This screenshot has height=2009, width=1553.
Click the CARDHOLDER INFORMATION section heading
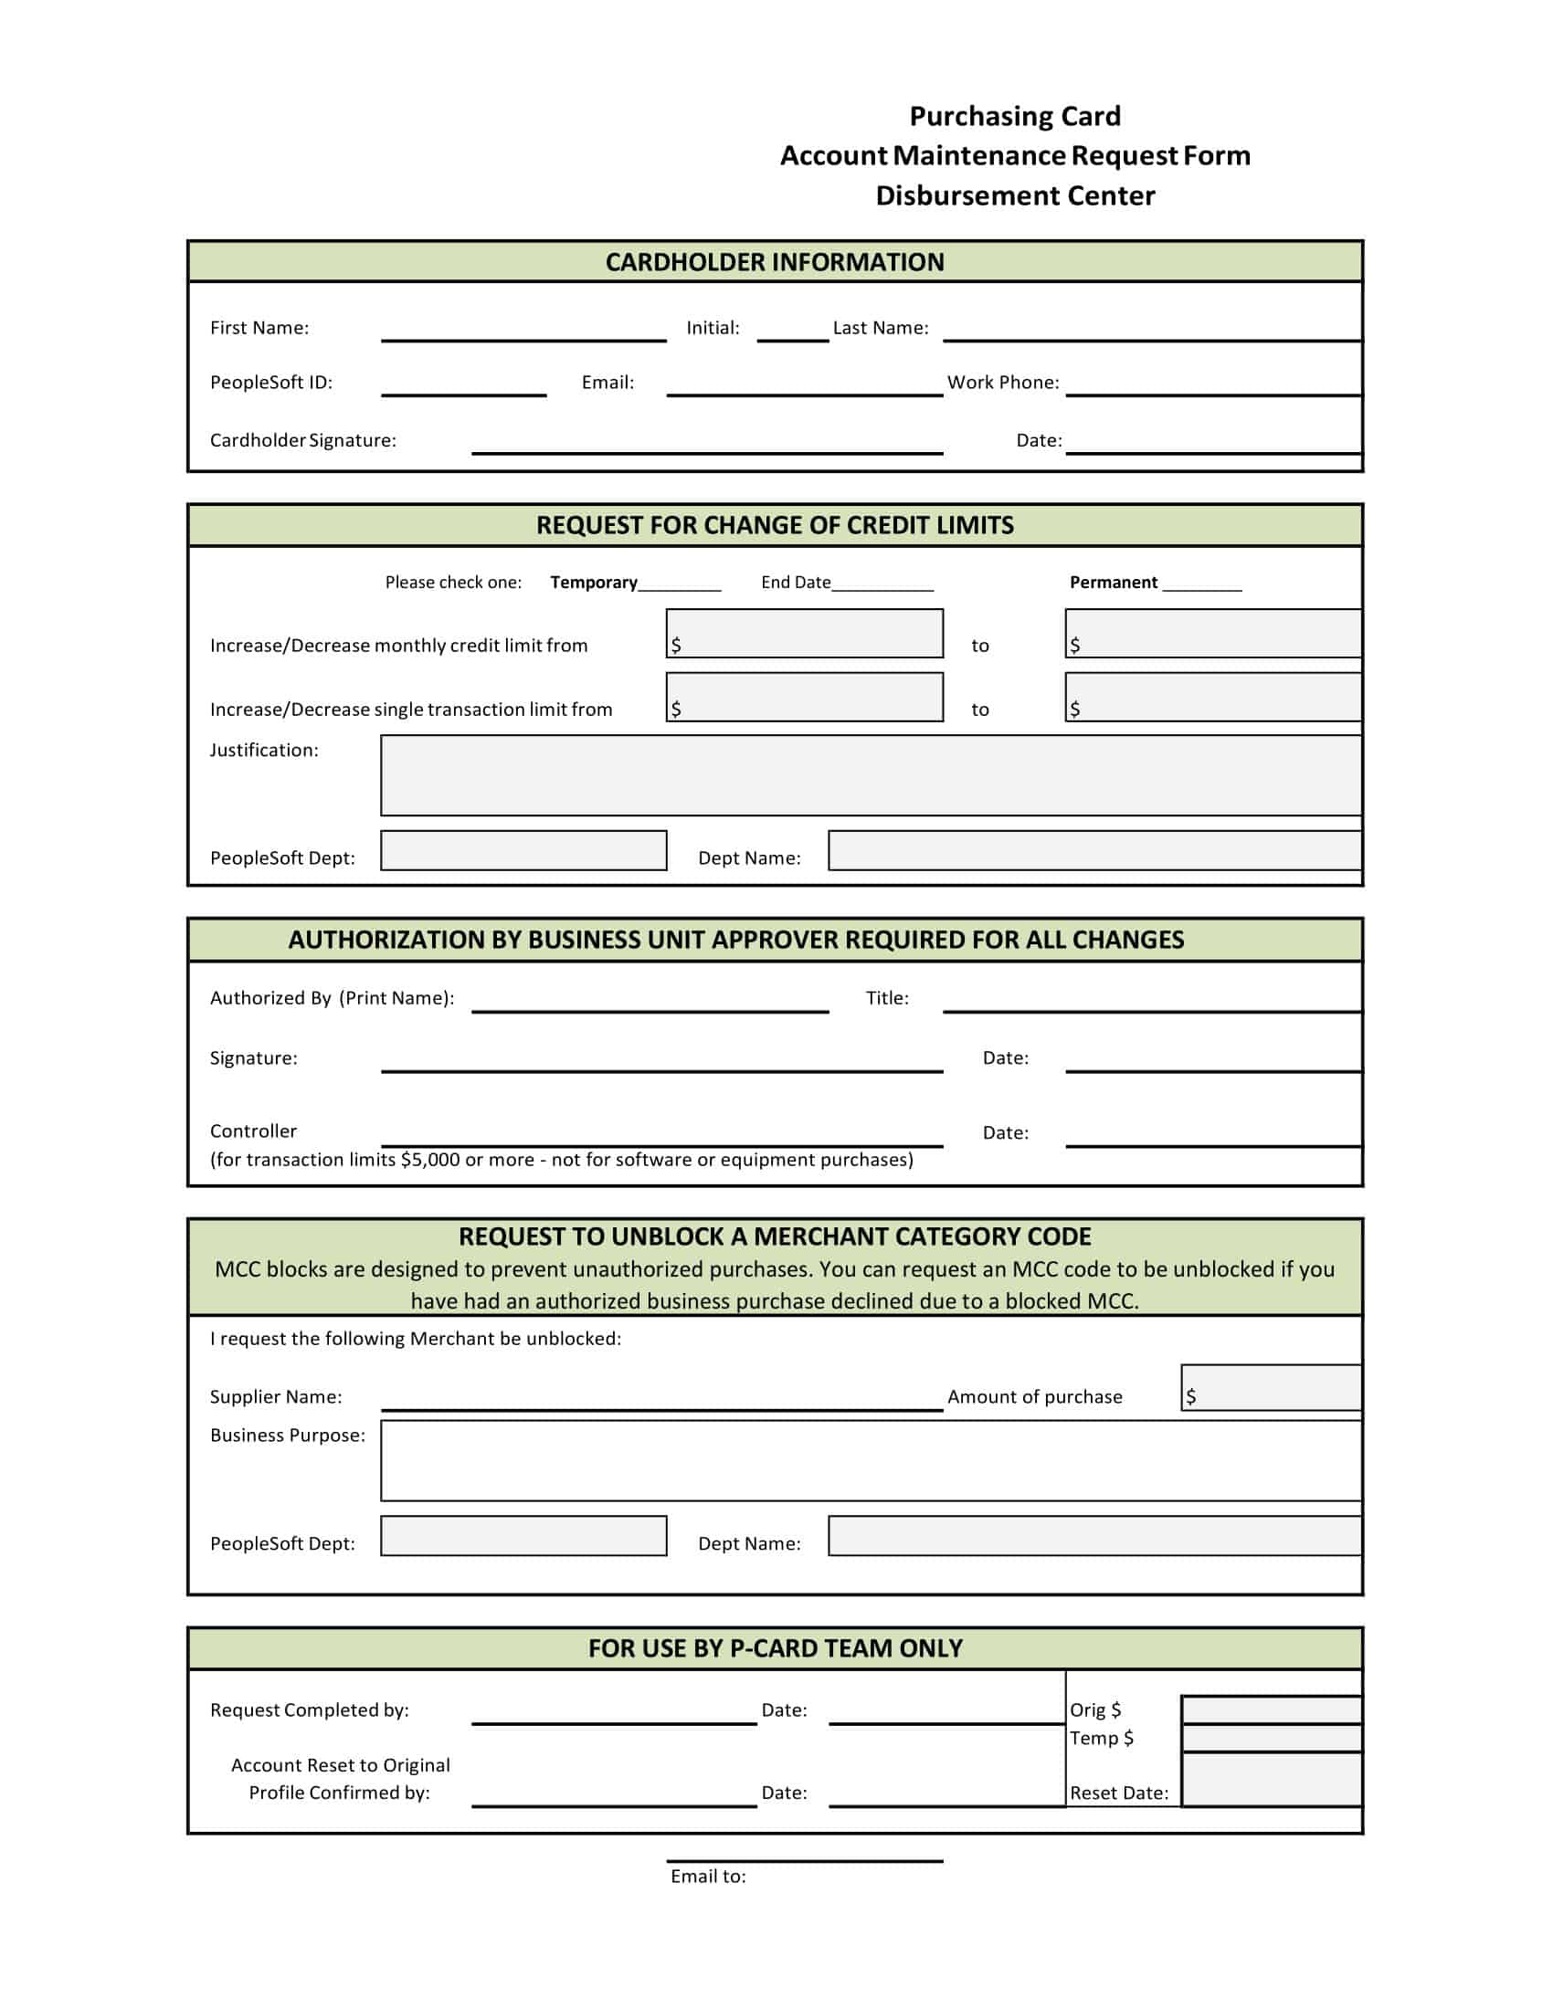(774, 262)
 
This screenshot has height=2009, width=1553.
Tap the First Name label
(259, 329)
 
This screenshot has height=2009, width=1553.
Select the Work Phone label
(1003, 383)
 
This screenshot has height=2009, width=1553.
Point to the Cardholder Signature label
(302, 441)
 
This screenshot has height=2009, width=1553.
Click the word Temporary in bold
(594, 583)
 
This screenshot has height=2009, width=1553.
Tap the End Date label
(795, 583)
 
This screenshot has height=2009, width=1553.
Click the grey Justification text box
(871, 775)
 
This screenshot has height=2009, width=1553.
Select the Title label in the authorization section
(887, 998)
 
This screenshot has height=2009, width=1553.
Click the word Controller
(253, 1131)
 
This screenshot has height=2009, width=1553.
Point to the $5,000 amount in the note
(429, 1160)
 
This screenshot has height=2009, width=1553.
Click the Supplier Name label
(275, 1397)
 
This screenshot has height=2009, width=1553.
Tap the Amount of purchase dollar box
(1271, 1388)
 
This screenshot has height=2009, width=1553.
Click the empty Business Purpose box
(871, 1461)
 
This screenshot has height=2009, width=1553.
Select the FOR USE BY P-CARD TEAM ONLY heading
(775, 1648)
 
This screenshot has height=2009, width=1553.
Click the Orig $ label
(1094, 1710)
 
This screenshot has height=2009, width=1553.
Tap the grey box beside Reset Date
(1271, 1780)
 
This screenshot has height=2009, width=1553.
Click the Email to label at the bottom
(707, 1877)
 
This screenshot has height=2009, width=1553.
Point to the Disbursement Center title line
(1015, 196)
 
